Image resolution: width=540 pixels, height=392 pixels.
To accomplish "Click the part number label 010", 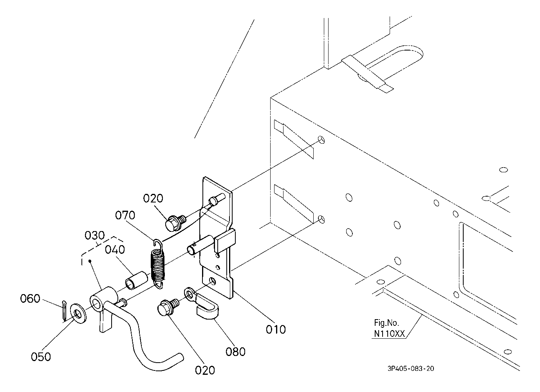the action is tap(276, 329).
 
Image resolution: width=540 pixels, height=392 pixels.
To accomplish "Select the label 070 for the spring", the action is tap(125, 215).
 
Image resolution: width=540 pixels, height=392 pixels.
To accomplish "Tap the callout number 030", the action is tap(94, 235).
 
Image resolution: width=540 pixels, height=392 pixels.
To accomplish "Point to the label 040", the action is tap(115, 250).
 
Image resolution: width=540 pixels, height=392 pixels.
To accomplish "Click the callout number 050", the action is tap(41, 357).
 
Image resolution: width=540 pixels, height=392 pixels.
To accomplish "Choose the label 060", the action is tap(30, 299).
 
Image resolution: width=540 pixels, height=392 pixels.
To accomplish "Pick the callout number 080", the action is tap(235, 352).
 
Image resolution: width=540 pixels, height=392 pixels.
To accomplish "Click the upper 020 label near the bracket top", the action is tap(153, 199).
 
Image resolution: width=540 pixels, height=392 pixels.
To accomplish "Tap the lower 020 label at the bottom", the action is tap(205, 370).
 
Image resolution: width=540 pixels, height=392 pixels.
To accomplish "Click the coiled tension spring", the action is tap(158, 264).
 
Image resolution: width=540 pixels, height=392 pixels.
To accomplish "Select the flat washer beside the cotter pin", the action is tap(78, 313).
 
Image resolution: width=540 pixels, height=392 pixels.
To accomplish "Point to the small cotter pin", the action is tap(64, 311).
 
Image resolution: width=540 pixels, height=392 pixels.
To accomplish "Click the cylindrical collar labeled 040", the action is tap(136, 280).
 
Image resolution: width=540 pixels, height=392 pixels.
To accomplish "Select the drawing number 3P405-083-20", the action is tap(411, 369).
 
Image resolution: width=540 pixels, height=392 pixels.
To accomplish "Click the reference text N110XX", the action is tap(389, 334).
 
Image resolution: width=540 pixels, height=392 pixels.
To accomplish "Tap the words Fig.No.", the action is tap(386, 323).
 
